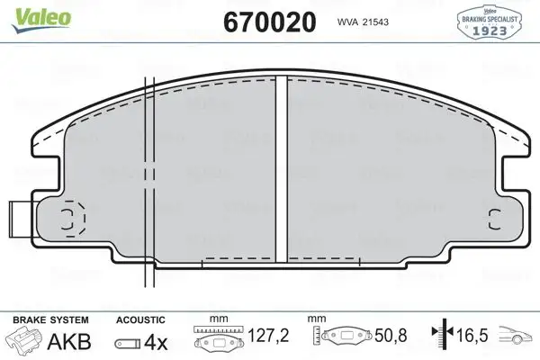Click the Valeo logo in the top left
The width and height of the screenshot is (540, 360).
30,11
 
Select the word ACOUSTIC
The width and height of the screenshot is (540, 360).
141,320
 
